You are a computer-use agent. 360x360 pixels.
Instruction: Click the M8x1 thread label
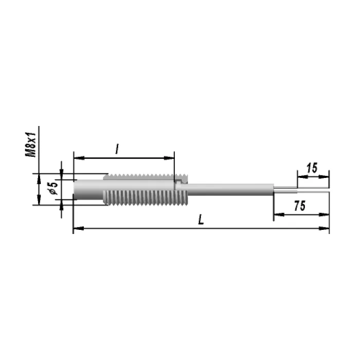tap(30, 145)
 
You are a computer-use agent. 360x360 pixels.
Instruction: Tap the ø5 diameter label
tap(53, 188)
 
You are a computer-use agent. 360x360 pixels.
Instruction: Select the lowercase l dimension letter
tap(117, 149)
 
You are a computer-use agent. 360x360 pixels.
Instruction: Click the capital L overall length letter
tap(201, 219)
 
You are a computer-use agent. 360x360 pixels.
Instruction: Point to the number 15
tap(312, 168)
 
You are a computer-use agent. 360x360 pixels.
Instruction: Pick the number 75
tap(300, 206)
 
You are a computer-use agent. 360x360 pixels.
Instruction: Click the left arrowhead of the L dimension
tap(79, 228)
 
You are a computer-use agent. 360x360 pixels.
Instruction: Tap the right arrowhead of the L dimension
tap(324, 228)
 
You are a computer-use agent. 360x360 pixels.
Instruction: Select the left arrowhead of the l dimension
tap(79, 158)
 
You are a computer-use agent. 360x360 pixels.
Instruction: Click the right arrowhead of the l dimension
tap(169, 158)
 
